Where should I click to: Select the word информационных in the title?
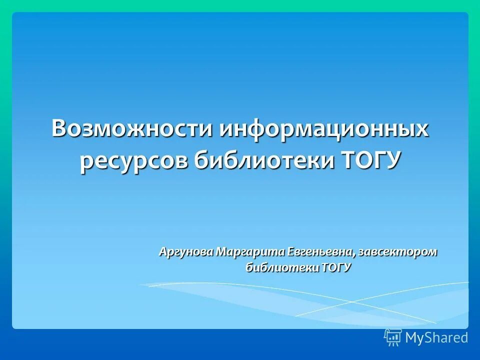click(x=324, y=129)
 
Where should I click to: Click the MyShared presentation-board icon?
click(x=393, y=337)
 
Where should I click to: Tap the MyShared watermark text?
click(x=436, y=338)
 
